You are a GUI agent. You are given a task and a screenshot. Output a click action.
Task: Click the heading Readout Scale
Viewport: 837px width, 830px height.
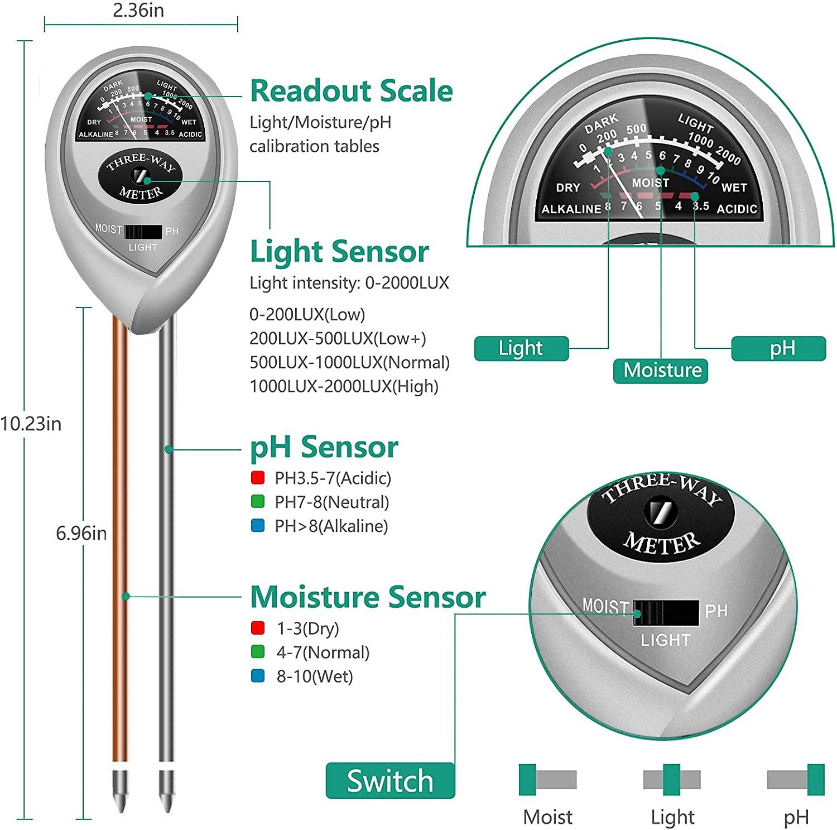351,91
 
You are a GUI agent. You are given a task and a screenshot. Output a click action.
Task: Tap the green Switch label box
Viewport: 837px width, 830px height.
390,780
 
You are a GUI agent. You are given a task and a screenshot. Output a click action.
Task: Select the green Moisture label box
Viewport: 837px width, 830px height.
661,371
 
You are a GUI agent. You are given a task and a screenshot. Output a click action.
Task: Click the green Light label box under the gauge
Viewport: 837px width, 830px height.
521,348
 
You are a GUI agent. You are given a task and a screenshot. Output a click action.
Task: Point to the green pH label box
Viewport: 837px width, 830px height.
778,348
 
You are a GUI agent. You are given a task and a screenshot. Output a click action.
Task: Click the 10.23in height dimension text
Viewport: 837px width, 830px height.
31,424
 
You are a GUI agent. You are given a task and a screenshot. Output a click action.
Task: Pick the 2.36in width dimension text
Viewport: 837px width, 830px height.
138,11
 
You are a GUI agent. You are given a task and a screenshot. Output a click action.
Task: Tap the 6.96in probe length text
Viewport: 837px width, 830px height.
81,533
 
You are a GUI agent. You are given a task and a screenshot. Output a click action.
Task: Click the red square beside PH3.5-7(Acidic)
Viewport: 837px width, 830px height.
258,478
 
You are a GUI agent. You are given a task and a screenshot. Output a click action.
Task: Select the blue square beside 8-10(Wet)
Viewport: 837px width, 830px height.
258,677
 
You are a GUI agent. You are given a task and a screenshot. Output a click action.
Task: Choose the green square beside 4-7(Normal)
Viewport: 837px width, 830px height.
258,652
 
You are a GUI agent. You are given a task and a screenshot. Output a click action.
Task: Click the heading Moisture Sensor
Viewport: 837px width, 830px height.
367,597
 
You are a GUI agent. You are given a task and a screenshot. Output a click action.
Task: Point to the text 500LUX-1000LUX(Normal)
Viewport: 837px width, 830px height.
349,362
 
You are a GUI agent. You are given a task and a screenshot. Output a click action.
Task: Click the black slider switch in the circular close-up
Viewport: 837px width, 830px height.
665,612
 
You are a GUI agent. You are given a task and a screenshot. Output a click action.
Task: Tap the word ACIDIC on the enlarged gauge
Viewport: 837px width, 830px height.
737,209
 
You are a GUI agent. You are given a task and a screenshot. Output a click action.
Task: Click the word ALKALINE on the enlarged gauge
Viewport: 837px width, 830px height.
571,209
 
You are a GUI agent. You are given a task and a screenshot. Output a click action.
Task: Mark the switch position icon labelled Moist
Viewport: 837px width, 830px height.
547,779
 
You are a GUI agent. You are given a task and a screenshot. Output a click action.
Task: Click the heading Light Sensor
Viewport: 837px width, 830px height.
339,252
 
